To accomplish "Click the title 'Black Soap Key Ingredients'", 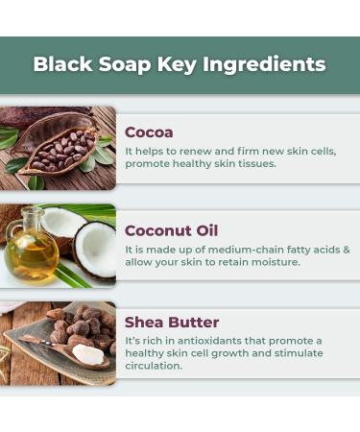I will [x=180, y=64].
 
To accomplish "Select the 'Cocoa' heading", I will [x=149, y=132].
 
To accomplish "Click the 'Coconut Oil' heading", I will [x=171, y=230].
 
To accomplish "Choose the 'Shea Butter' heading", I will [x=172, y=322].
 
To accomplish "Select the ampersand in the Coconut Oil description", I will [x=347, y=249].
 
